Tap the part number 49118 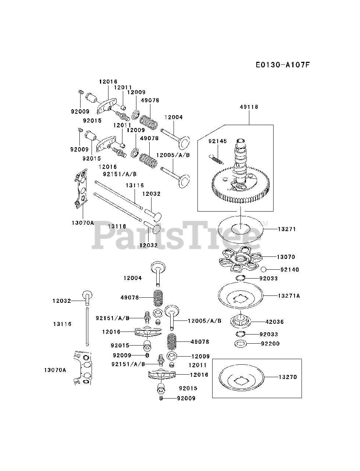click(x=249, y=107)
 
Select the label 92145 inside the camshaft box click(x=218, y=141)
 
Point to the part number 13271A click(x=289, y=295)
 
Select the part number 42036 click(x=274, y=322)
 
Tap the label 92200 click(x=270, y=344)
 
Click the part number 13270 click(x=287, y=377)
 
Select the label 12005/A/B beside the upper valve click(x=173, y=155)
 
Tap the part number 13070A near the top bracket click(x=83, y=223)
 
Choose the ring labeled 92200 click(x=240, y=344)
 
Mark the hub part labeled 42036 click(x=240, y=320)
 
